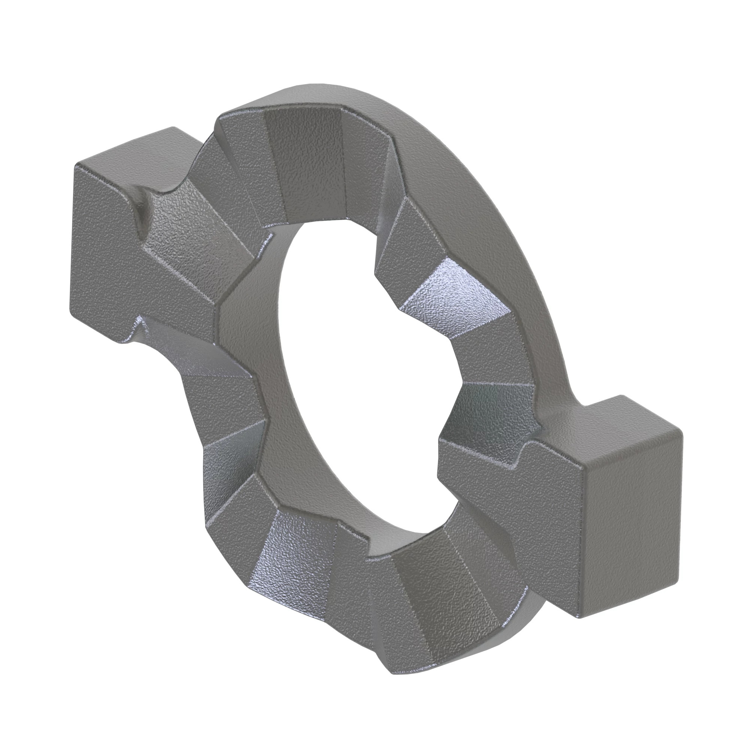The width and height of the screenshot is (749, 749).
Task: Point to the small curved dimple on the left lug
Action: tap(142, 215)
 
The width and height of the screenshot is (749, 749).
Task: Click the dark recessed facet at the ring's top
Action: tap(306, 163)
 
